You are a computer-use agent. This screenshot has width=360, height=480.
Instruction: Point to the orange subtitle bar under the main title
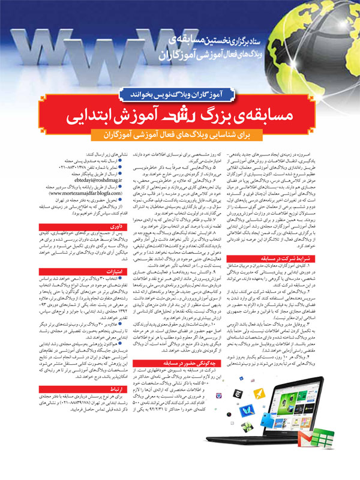click(180, 133)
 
